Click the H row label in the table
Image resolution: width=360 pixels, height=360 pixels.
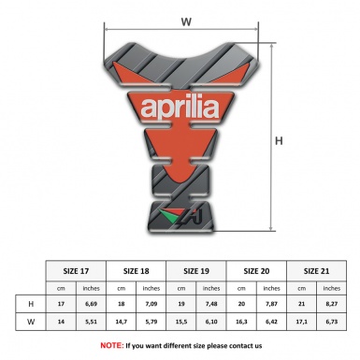pyautogui.click(x=33, y=304)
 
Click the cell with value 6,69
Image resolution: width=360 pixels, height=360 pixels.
pyautogui.click(x=91, y=304)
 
